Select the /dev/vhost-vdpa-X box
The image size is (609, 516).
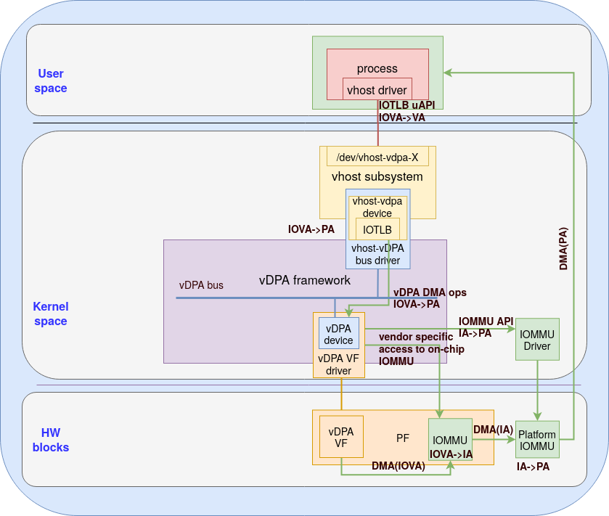point(377,157)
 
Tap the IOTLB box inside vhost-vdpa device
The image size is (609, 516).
point(377,229)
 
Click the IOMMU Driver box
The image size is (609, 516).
point(537,339)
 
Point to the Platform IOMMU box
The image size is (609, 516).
point(537,439)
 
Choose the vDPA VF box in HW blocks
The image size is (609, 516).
point(341,437)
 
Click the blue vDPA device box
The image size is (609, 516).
point(339,334)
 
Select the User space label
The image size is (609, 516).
point(51,81)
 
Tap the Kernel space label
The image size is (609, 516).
point(50,314)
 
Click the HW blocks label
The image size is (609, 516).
point(51,440)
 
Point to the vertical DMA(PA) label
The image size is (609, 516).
point(564,248)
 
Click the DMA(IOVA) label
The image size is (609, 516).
point(398,466)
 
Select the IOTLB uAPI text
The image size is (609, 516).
point(406,105)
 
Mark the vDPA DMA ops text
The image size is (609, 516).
point(430,292)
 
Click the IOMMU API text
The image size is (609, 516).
point(486,321)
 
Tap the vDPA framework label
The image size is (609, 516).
point(305,280)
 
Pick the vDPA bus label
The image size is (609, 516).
point(201,285)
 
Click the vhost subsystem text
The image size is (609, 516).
point(377,176)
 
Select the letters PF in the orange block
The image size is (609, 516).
point(403,438)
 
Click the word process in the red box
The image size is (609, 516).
point(377,68)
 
